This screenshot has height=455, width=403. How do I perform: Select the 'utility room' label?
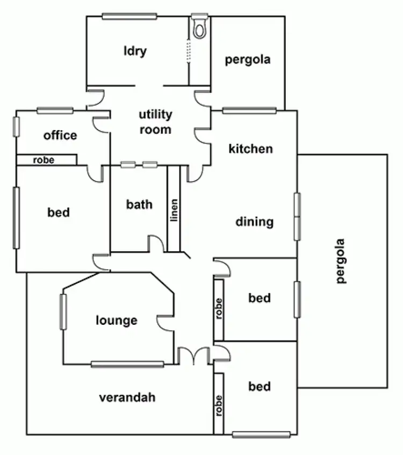[155, 122]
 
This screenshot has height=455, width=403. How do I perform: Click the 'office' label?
[60, 136]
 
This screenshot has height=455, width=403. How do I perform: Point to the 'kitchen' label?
[250, 148]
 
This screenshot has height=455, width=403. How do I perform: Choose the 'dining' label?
[255, 222]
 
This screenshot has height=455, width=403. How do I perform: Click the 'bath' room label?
[139, 204]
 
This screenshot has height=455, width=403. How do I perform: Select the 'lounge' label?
[117, 321]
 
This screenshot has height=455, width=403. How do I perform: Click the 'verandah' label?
[127, 397]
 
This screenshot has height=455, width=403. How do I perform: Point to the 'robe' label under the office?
[44, 160]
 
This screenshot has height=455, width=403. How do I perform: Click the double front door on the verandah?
[193, 356]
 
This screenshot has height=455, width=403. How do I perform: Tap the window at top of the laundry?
[129, 16]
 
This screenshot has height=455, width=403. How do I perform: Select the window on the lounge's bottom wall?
[127, 365]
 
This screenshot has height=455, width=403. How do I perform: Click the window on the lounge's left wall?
[63, 312]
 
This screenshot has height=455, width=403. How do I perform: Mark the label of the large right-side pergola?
[340, 261]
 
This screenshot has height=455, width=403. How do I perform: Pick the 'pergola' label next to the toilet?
[247, 59]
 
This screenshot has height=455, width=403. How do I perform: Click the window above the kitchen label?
[249, 111]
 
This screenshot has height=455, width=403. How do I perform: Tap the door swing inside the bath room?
[155, 244]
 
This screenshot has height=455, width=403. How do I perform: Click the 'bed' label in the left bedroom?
[59, 212]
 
